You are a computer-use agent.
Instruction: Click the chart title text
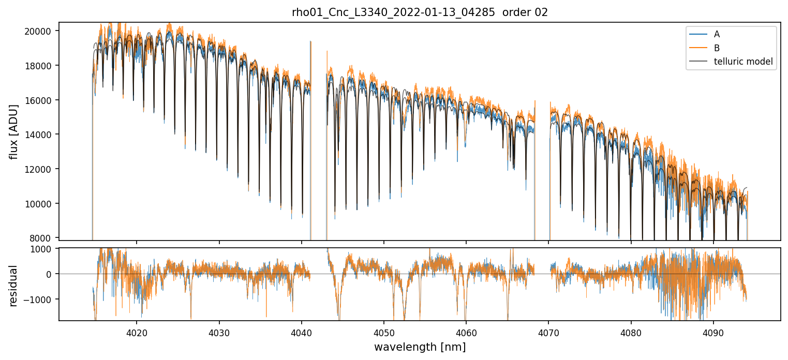pos(420,12)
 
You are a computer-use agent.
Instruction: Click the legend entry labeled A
pos(717,34)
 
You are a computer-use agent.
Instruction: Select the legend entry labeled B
pos(717,48)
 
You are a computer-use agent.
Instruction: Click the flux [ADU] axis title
pos(14,131)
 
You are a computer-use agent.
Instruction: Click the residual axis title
pos(14,285)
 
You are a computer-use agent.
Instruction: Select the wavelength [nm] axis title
pos(420,347)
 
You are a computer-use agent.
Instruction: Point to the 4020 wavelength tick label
pos(137,332)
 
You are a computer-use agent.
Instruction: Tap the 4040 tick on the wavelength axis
pos(302,332)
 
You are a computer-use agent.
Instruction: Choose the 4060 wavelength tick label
pos(466,332)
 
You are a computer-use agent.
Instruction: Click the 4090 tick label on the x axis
pos(713,332)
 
